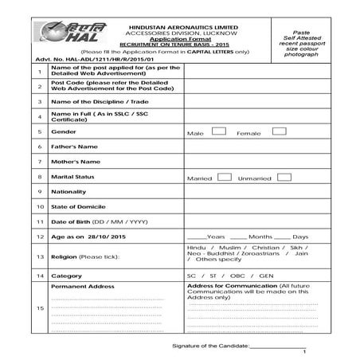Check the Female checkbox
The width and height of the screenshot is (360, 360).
pos(279,131)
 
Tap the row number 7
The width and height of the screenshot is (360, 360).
pos(39,162)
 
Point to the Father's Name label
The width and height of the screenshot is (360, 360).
pos(75,147)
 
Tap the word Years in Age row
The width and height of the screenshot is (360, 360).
pos(216,237)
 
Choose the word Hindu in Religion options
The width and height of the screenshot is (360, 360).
pos(197,248)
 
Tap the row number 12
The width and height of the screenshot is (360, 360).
pos(39,237)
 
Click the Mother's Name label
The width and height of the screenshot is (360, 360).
pos(76,162)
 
